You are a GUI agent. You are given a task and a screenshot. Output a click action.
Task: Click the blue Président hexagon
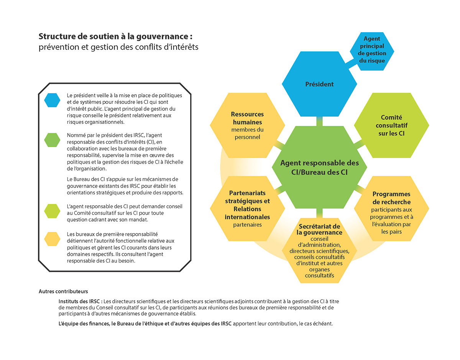319,84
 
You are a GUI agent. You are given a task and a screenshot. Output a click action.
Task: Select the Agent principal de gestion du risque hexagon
372,51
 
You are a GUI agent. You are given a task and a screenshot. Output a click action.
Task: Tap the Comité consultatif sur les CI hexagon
391,125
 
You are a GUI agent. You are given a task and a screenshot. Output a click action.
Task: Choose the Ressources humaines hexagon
247,125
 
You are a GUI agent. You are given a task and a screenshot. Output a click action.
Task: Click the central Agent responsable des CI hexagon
319,167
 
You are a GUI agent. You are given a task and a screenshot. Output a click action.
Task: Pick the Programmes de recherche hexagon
391,209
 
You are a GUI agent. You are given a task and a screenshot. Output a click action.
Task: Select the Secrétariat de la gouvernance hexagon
319,250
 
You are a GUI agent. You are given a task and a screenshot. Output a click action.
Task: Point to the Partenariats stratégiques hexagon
247,209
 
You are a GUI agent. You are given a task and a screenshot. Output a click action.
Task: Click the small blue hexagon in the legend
52,100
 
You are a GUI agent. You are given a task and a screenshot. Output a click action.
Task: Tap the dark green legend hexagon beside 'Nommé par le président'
52,140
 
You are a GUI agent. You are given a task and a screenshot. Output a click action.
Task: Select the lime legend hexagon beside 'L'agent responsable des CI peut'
52,211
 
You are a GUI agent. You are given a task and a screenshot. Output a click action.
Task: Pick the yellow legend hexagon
52,239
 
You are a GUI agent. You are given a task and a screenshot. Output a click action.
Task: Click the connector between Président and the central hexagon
319,121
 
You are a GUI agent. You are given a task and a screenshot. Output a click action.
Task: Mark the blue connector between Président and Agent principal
352,64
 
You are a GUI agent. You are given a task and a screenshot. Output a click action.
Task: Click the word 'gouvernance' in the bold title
162,37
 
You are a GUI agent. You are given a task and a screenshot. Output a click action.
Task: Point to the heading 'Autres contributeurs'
63,291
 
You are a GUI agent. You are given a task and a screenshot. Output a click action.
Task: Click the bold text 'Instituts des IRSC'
79,301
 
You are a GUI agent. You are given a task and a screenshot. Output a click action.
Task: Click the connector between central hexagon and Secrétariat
319,213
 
